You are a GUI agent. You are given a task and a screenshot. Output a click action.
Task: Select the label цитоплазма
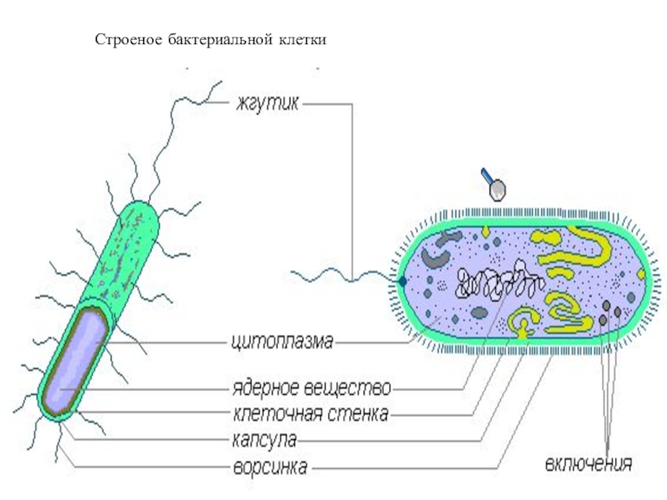[282, 341]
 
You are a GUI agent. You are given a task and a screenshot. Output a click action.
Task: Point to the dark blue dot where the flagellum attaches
[403, 282]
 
